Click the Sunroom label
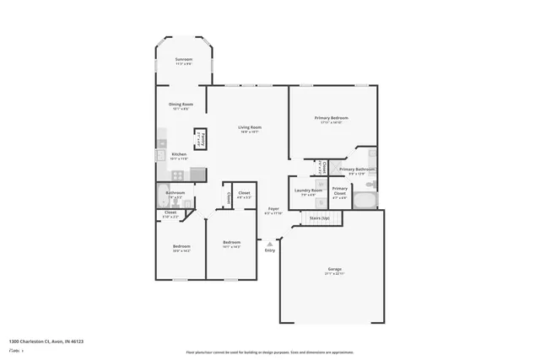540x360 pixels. tap(183, 59)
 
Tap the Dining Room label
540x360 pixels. tap(182, 105)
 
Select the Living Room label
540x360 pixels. tap(249, 127)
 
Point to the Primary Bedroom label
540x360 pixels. tap(332, 118)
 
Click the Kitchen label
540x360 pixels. tap(179, 154)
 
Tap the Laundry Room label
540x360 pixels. tap(308, 191)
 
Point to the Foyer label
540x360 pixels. tap(273, 208)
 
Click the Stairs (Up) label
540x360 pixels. tap(319, 218)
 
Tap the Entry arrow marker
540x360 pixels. tap(270, 244)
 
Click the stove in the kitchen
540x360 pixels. tap(177, 175)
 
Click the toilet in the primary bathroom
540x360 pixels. tap(372, 154)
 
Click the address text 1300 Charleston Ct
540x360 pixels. tap(46, 341)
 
